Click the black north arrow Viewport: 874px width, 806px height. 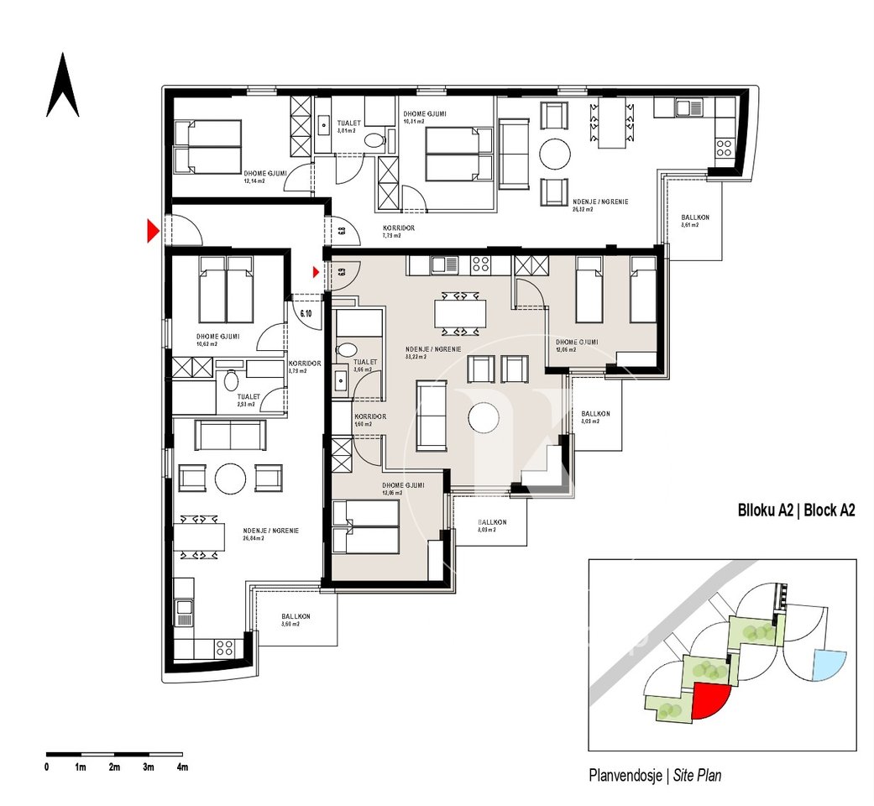(x=62, y=86)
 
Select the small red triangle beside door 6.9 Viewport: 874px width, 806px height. (x=317, y=271)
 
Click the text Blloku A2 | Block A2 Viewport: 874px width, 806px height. (x=795, y=510)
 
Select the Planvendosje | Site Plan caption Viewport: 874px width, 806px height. (x=655, y=775)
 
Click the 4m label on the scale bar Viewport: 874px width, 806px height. (x=182, y=767)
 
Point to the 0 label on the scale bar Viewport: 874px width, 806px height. (x=46, y=767)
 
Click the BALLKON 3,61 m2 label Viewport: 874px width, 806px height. (x=694, y=222)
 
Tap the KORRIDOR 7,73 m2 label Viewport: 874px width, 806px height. (x=398, y=232)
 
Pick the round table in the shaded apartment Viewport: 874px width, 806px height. (x=484, y=417)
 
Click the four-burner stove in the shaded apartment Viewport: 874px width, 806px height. (x=480, y=264)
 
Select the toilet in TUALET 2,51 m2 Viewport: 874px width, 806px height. (x=232, y=380)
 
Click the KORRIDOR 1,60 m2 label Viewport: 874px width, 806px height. (x=369, y=420)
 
